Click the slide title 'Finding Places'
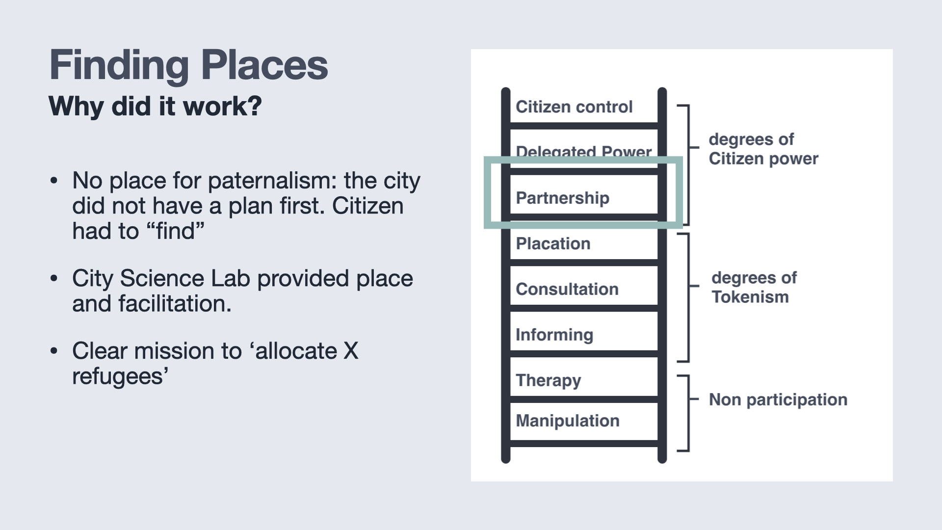[x=189, y=65]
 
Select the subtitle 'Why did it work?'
[x=156, y=106]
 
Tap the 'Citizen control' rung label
[x=574, y=106]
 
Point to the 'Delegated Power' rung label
[x=584, y=151]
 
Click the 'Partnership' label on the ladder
[x=562, y=198]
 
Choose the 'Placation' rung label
[x=553, y=243]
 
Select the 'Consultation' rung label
[x=567, y=289]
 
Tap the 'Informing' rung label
[x=554, y=335]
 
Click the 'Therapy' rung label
[x=549, y=380]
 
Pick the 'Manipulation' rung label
[x=568, y=421]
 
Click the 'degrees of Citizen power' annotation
[x=763, y=149]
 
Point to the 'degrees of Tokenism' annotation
[x=754, y=287]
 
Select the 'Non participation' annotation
[x=778, y=400]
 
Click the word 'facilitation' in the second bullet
[x=175, y=304]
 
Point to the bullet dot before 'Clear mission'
[x=54, y=351]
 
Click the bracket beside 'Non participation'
[x=688, y=413]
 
